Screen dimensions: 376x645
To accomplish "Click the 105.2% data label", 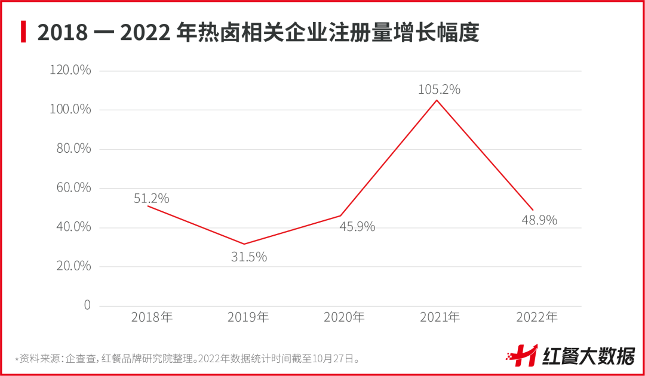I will tap(439, 90).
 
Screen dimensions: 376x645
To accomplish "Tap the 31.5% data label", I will tap(249, 257).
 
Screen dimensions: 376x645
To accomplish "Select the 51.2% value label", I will tap(151, 198).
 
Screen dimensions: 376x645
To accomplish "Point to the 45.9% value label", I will tap(357, 227).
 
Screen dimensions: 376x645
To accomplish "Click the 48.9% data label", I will tap(539, 220).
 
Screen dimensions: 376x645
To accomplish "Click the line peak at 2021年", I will tap(437, 100).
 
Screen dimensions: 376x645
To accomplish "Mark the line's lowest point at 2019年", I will tap(244, 244).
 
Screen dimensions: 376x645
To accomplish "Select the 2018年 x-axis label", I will tap(152, 317).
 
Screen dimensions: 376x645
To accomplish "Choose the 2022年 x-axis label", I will tap(536, 317).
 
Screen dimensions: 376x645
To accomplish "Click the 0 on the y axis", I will tap(87, 305).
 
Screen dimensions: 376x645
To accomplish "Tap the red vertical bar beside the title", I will tap(23, 32).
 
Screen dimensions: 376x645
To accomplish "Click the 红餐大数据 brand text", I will tap(588, 356).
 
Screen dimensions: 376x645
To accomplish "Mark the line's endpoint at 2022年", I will tap(533, 209).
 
